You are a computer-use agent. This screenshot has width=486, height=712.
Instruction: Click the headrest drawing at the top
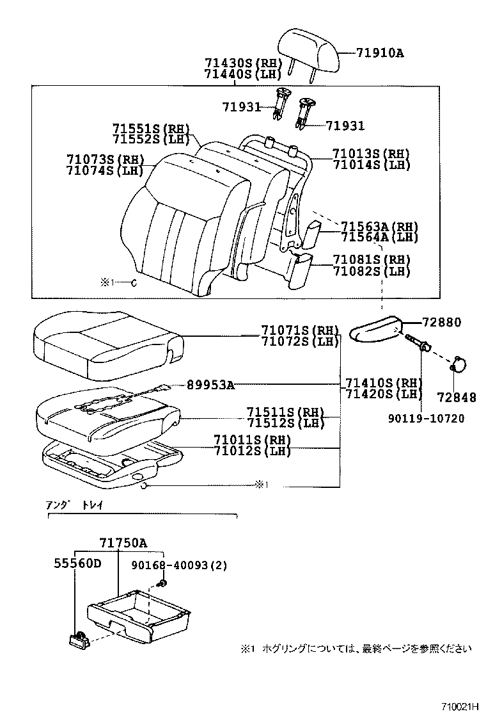tap(308, 49)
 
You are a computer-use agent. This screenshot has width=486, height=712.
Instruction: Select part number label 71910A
tap(380, 53)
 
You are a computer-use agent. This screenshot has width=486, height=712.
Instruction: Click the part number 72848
tap(457, 398)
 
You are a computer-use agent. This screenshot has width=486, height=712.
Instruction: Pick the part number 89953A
tap(210, 385)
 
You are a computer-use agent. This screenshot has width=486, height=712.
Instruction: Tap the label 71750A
tap(123, 544)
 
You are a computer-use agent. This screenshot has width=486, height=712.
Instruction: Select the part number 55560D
tap(77, 564)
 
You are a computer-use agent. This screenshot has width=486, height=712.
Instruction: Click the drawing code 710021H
tap(460, 705)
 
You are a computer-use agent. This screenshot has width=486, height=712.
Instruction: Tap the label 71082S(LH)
tap(371, 271)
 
